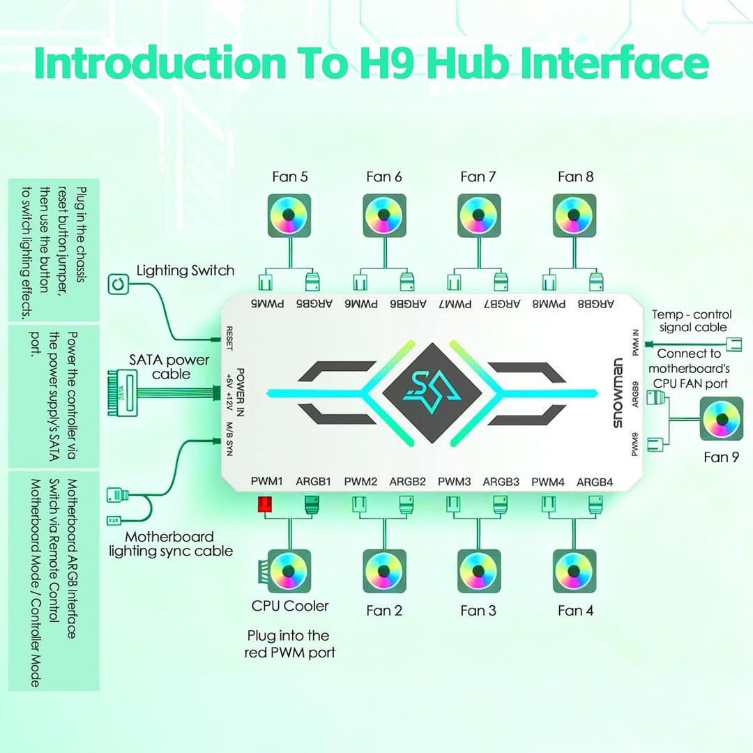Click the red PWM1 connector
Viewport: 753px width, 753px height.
click(x=265, y=504)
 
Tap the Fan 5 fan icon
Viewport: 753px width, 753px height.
click(x=289, y=215)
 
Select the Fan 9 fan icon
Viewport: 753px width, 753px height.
click(x=722, y=419)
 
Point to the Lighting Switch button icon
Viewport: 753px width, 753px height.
click(x=118, y=284)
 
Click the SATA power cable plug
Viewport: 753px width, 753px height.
click(x=123, y=393)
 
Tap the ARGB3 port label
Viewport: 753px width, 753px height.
click(x=501, y=482)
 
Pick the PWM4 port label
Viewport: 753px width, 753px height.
click(x=547, y=482)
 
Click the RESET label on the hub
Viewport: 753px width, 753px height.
click(x=229, y=338)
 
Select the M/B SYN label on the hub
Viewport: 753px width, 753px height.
click(x=229, y=439)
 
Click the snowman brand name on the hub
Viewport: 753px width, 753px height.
click(x=618, y=393)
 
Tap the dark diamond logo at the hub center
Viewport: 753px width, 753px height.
click(x=432, y=393)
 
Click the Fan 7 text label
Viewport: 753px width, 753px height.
click(x=478, y=176)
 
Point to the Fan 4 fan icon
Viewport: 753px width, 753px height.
click(x=575, y=571)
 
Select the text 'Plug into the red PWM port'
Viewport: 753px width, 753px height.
click(x=289, y=644)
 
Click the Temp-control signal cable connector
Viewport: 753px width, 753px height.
click(x=735, y=344)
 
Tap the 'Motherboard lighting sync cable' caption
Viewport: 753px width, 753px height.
click(x=171, y=544)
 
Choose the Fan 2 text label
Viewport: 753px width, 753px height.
click(x=383, y=610)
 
